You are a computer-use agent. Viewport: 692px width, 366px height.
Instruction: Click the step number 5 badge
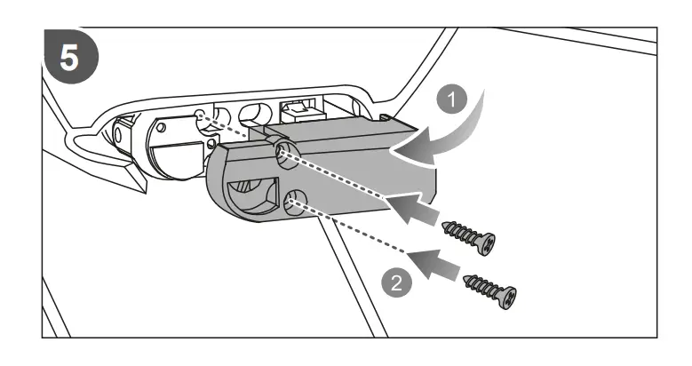68,56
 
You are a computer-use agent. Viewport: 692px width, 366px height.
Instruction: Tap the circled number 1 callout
455,99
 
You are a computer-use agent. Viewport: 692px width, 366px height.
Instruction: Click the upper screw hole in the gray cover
285,154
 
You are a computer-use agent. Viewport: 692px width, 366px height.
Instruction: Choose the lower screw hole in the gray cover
297,207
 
